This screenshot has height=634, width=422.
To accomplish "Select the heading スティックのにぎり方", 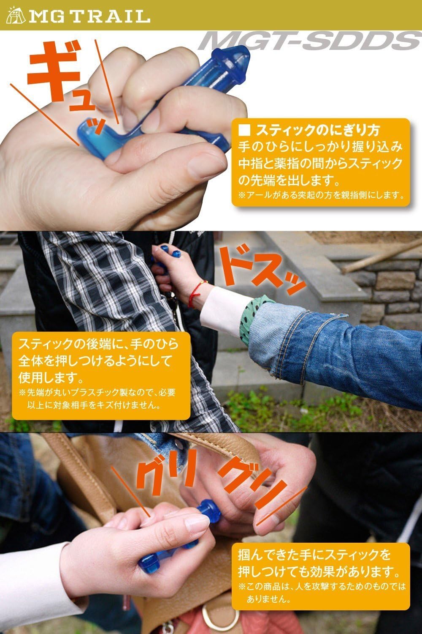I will [x=321, y=129].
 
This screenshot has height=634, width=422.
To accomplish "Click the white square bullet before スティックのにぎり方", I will [x=244, y=129].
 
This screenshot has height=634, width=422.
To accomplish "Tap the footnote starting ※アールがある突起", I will [x=321, y=195].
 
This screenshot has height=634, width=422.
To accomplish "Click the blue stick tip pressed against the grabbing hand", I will [x=210, y=509].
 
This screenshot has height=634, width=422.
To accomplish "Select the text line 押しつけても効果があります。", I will [x=319, y=571].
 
